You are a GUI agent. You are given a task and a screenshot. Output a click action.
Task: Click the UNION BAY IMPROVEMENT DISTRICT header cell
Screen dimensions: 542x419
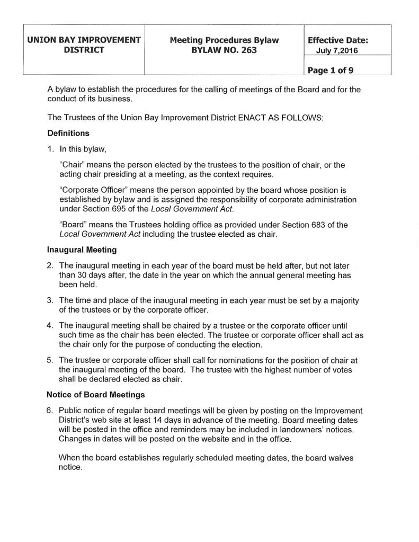[84, 45]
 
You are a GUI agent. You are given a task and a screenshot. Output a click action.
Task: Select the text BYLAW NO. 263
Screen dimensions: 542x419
[224, 50]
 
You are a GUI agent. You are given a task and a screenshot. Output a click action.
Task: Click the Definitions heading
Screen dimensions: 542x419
[68, 133]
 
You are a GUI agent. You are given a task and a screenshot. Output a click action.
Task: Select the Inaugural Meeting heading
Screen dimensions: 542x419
[81, 249]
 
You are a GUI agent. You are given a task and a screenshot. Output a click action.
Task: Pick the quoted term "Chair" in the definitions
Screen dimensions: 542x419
[72, 165]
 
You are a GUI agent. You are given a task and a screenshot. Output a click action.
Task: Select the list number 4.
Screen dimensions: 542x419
[50, 325]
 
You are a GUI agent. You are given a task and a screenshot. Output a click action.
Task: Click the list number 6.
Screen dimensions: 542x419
[50, 410]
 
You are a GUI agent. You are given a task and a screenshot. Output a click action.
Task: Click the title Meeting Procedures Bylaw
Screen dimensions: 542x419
[224, 40]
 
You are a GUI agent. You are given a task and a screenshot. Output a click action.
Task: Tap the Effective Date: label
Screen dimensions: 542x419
[339, 40]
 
